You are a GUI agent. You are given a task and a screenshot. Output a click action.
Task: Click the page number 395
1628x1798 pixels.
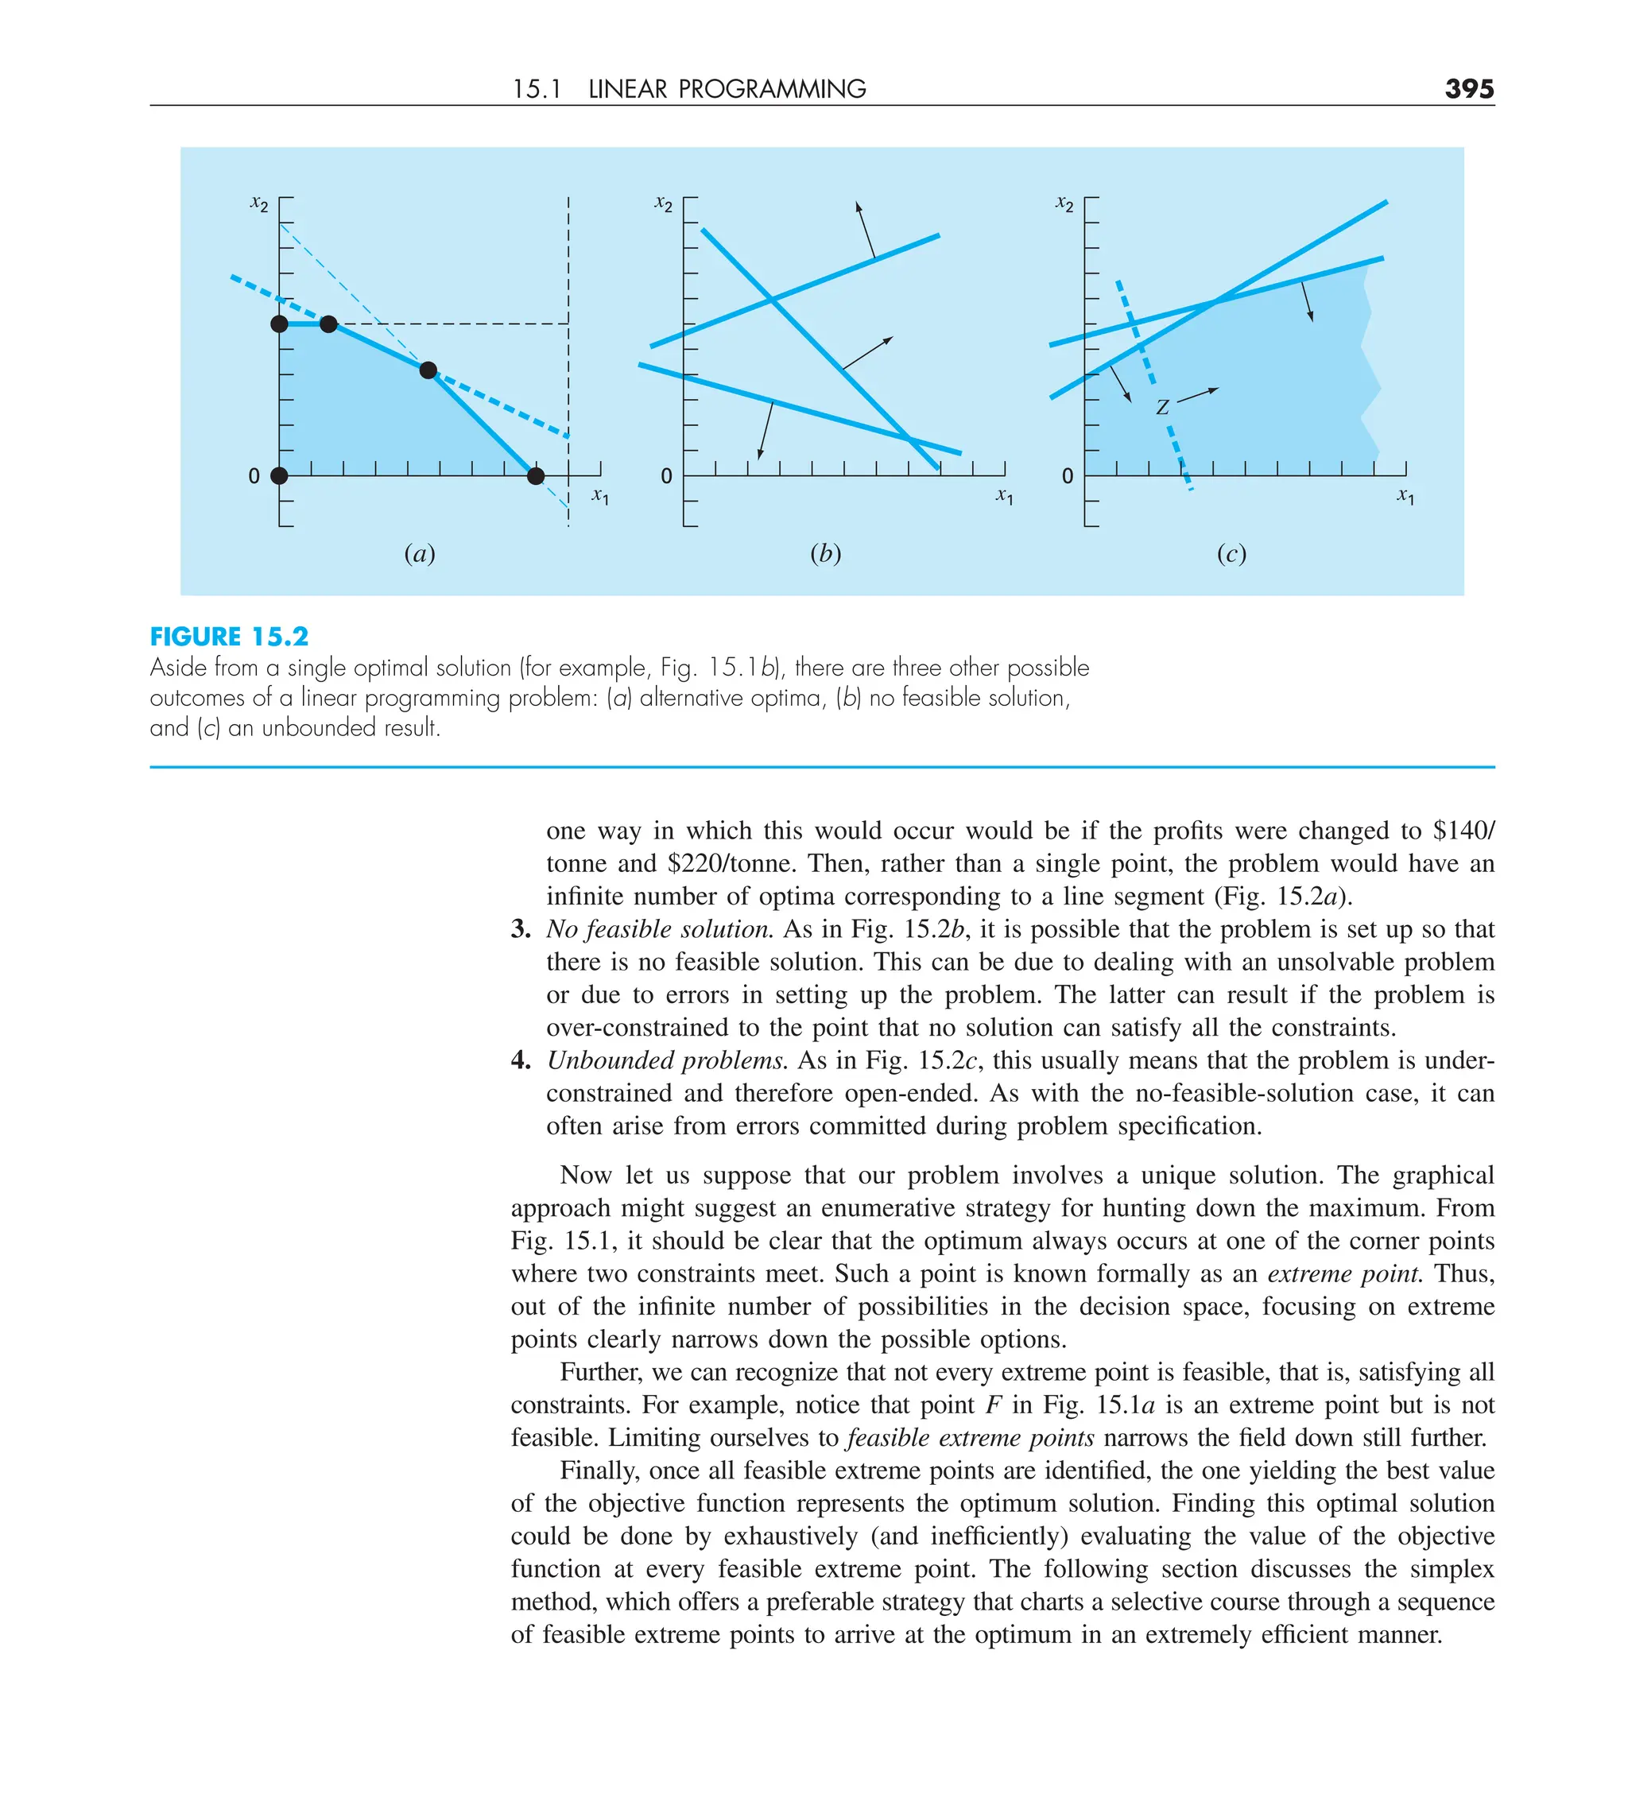tap(1468, 89)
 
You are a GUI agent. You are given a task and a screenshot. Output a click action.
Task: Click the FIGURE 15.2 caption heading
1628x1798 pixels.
tap(229, 637)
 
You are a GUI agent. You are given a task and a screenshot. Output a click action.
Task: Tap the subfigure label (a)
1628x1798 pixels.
tap(419, 554)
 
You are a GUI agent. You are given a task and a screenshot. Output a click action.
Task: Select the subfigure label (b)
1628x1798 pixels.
tap(825, 554)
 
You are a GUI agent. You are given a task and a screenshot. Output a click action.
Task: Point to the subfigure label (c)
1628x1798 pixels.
tap(1231, 554)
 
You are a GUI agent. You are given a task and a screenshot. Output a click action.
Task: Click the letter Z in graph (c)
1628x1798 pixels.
tap(1161, 408)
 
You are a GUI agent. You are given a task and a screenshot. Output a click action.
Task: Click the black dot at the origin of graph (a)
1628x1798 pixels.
tap(279, 475)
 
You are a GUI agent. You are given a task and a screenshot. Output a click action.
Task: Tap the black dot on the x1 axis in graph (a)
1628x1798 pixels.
tap(535, 475)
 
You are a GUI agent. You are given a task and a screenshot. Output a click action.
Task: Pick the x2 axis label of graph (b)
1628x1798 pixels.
tap(663, 203)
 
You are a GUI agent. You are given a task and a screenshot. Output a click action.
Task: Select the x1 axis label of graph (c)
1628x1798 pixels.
tap(1405, 496)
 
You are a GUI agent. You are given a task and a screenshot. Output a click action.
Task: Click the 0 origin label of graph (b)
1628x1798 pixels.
tap(666, 477)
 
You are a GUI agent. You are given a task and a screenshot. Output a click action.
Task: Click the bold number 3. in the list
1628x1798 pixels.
tap(520, 929)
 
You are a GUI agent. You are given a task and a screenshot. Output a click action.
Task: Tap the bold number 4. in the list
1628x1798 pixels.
tap(520, 1060)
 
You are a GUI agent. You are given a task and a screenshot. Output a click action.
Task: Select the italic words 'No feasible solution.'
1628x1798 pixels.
tap(659, 929)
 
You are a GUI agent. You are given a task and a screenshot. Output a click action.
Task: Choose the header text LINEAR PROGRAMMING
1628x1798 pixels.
tap(727, 89)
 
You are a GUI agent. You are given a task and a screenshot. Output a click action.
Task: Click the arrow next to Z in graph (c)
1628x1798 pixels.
tap(1197, 395)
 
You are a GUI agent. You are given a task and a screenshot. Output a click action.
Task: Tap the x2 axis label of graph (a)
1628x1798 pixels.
tap(258, 203)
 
